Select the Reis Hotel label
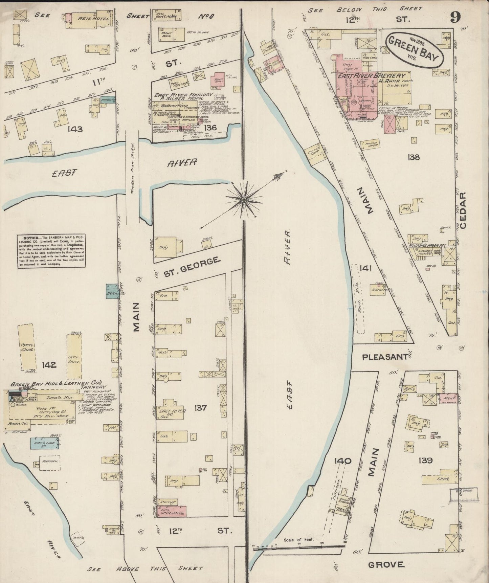coord(89,19)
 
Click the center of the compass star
coord(243,200)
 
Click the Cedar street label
coord(463,210)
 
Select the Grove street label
coord(386,564)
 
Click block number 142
coord(49,365)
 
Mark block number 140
coord(343,461)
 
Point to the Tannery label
coord(93,387)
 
